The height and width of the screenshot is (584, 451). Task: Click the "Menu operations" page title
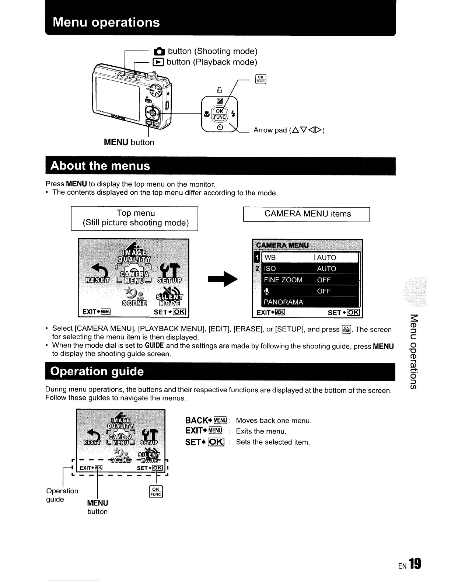click(x=106, y=22)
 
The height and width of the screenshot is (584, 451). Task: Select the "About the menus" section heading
click(x=100, y=166)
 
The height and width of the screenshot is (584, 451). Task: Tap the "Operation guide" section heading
click(x=97, y=371)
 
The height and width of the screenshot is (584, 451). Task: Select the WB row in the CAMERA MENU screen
click(x=310, y=257)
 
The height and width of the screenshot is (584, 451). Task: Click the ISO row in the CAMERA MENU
click(x=310, y=269)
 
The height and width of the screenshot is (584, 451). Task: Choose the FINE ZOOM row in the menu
click(x=310, y=280)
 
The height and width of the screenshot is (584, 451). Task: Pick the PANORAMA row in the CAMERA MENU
click(x=310, y=302)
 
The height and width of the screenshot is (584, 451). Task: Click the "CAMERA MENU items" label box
click(x=307, y=214)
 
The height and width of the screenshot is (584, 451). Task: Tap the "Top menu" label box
click(x=135, y=218)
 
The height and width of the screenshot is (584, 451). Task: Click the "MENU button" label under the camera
click(x=129, y=142)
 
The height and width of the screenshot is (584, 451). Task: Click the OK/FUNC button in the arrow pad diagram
click(x=219, y=114)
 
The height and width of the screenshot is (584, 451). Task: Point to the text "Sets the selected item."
click(x=273, y=442)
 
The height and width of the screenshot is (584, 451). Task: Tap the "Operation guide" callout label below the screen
click(x=62, y=495)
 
